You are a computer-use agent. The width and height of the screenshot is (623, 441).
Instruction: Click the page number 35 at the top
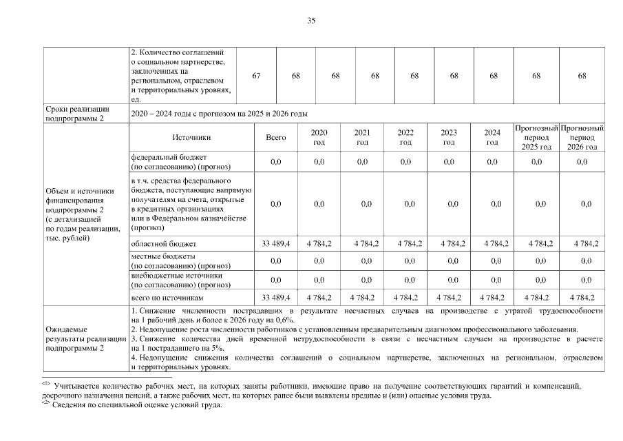coord(311,21)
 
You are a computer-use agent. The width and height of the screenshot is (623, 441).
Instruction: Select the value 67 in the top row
coord(256,76)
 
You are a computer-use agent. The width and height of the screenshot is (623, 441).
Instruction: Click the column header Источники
coord(192,138)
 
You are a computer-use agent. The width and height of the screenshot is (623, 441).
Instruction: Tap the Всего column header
coord(276,138)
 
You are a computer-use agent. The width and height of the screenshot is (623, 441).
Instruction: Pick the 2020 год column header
coord(319,138)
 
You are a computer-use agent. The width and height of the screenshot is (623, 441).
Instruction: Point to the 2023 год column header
coord(449,138)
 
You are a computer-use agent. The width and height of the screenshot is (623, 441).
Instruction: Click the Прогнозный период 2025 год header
coord(536,138)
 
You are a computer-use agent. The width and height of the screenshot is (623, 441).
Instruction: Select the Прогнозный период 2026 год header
coord(582,138)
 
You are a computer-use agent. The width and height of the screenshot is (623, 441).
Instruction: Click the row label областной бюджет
coord(163,244)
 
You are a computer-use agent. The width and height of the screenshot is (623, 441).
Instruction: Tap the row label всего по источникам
coord(168,297)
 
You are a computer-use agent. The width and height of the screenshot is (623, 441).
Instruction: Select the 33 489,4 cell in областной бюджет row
coord(276,244)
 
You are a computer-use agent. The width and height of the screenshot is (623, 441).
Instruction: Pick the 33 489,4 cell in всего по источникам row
coord(276,297)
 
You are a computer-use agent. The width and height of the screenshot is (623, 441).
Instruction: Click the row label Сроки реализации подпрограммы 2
coord(76,114)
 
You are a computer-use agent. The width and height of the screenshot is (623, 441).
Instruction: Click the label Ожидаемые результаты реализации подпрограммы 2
coord(85,339)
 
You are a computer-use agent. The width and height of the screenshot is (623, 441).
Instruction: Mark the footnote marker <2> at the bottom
coord(47,403)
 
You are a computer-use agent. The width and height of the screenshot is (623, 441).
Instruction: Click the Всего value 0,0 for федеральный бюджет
coord(276,162)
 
